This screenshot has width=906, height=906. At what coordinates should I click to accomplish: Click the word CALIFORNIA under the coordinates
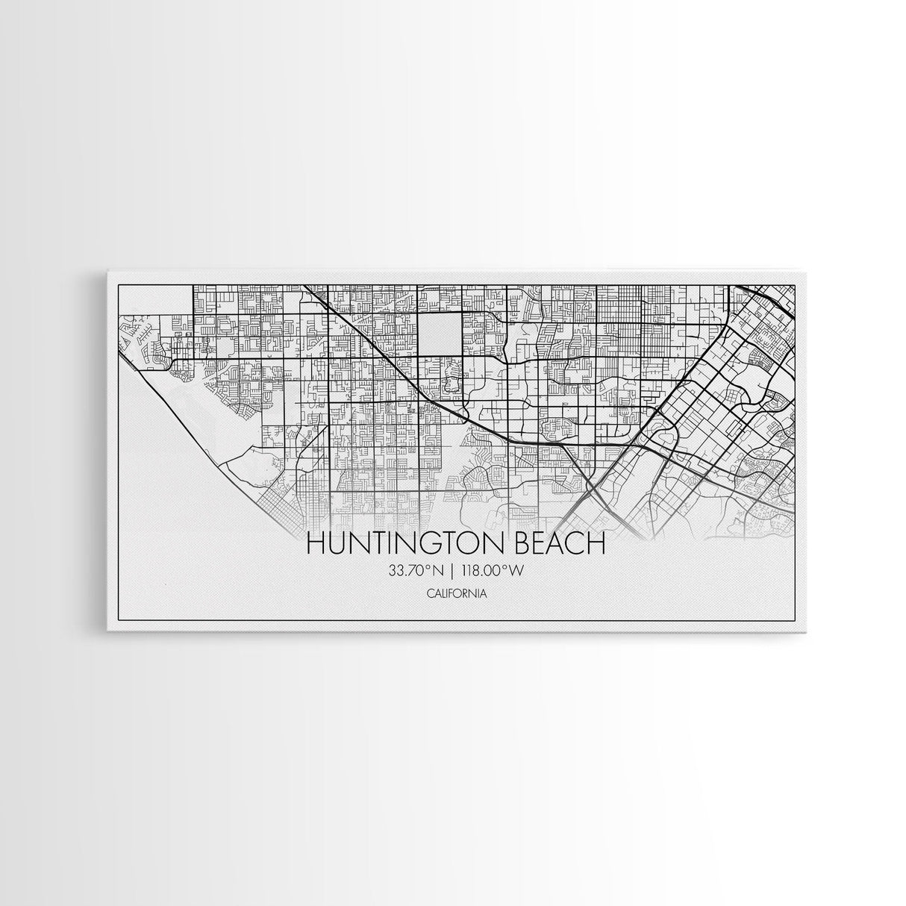coord(453,594)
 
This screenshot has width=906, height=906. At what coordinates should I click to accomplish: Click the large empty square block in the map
coord(439,334)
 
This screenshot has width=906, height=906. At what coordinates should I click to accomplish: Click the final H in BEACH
coord(594,544)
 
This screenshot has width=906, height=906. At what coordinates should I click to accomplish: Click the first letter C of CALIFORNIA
coord(431,594)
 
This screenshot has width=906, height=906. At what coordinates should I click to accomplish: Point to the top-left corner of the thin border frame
coord(119,285)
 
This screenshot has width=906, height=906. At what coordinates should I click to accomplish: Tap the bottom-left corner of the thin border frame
coord(119,622)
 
